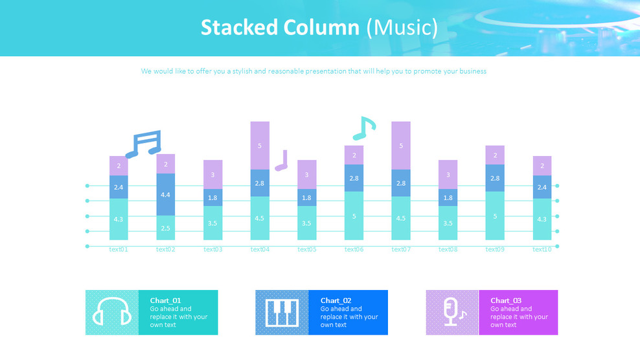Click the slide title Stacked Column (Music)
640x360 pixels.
click(319, 28)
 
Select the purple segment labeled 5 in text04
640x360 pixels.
click(260, 146)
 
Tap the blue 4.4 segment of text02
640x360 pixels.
click(166, 194)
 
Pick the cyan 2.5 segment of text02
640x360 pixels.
click(166, 228)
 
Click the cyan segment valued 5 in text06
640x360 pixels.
click(354, 216)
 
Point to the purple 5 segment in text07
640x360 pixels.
click(401, 146)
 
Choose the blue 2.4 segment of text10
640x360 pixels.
click(542, 187)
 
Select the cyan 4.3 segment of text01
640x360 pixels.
click(119, 219)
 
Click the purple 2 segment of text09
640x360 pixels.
click(495, 155)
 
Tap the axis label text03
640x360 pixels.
click(212, 249)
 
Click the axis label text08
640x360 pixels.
click(448, 249)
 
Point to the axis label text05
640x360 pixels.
click(307, 249)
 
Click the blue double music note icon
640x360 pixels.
click(144, 144)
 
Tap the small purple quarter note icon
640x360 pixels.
click(281, 161)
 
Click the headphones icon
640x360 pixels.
click(112, 312)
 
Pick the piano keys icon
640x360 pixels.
click(282, 312)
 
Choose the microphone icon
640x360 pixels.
click(452, 312)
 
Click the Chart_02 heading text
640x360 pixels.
click(336, 300)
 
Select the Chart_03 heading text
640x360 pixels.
click(505, 300)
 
